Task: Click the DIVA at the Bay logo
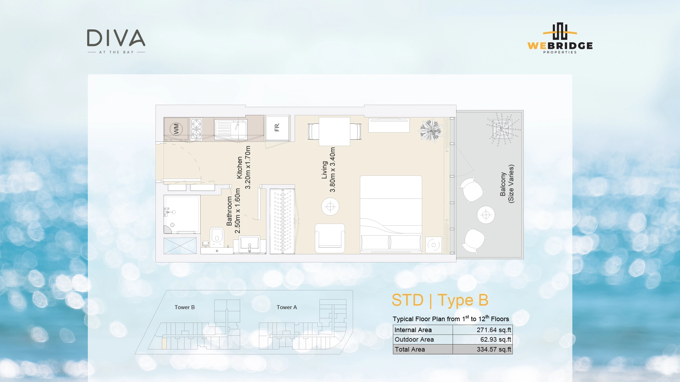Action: (116, 41)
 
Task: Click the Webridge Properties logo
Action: (560, 39)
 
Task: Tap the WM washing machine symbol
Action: (176, 129)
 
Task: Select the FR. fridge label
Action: (277, 127)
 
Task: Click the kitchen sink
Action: (231, 129)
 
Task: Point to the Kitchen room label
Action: (244, 168)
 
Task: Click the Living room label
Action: (328, 170)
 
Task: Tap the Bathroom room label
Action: (233, 211)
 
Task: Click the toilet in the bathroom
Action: (217, 236)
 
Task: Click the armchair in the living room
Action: (330, 238)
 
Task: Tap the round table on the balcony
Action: (486, 215)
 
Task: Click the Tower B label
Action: (185, 307)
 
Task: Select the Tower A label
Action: (287, 307)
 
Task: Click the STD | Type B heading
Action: (440, 300)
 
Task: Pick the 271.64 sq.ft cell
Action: (494, 330)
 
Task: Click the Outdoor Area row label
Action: (414, 340)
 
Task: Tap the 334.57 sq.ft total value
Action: (494, 349)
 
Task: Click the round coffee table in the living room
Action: (330, 207)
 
